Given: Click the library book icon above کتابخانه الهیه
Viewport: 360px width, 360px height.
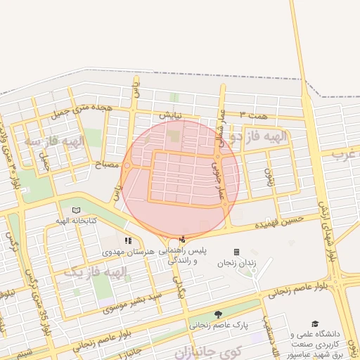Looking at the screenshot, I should (76, 210).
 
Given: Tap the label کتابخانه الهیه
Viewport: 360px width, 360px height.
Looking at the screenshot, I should (75, 220).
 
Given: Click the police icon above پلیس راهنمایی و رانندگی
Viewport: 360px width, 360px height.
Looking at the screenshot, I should (184, 239).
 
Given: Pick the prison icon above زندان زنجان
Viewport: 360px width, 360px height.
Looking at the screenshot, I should (236, 252).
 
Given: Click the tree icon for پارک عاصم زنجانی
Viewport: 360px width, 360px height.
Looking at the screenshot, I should (219, 314).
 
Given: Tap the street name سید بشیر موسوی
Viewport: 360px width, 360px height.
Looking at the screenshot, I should (134, 302).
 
